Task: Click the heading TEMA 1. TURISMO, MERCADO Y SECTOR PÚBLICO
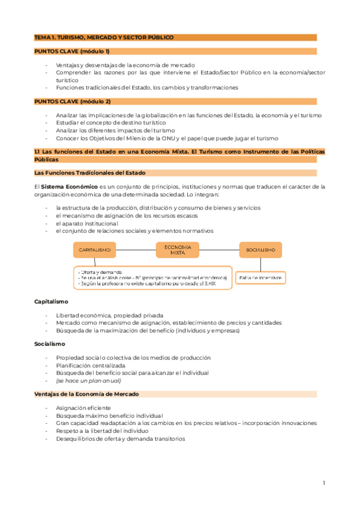[x=104, y=37]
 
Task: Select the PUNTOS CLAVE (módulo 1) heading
[x=72, y=52]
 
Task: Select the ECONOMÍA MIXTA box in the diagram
[x=178, y=249]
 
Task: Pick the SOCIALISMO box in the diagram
[x=260, y=249]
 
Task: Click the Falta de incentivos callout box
[x=260, y=278]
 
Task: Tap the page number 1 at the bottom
[x=323, y=483]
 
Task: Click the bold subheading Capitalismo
[x=51, y=301]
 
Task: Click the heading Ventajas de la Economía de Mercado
[x=86, y=394]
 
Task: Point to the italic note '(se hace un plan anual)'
[x=88, y=380]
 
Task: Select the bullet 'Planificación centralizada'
[x=91, y=365]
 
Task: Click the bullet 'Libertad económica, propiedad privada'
[x=109, y=315]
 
